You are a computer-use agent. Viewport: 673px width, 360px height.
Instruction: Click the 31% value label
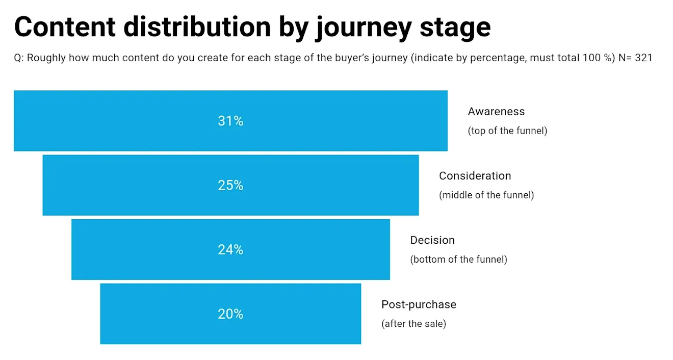230,121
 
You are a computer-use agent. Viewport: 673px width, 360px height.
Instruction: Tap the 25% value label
230,185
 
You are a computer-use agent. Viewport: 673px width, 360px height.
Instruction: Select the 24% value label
230,249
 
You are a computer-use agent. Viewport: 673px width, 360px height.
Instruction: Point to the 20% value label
230,314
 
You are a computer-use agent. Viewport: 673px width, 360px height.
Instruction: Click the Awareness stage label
496,111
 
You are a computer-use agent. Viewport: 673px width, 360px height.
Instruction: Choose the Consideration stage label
475,175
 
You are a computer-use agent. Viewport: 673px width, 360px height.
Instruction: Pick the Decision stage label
432,240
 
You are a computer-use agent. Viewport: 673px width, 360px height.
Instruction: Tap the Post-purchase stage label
419,304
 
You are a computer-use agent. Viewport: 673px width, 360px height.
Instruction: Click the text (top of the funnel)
507,131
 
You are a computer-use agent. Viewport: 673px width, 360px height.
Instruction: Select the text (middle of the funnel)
486,195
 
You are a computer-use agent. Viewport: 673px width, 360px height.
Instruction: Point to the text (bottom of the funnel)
458,259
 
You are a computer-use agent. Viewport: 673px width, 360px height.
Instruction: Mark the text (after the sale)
413,324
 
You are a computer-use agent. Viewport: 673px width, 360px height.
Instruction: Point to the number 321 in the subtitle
643,58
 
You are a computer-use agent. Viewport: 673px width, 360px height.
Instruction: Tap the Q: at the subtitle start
19,58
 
